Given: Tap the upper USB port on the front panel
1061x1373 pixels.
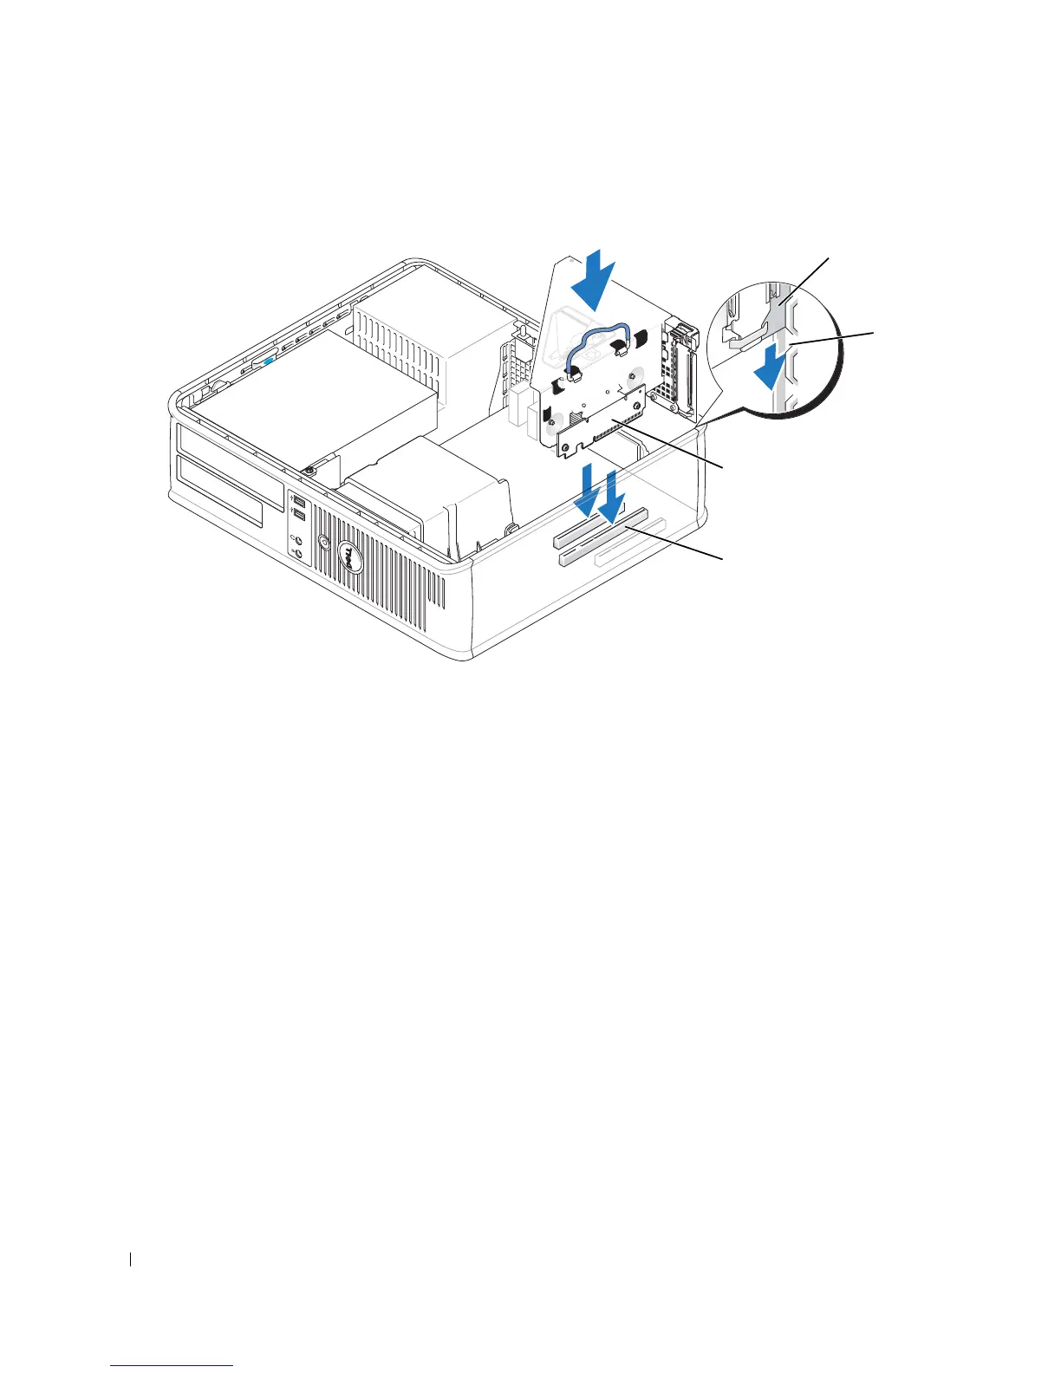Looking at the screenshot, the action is point(298,502).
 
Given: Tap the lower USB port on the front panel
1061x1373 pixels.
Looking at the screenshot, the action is point(298,517).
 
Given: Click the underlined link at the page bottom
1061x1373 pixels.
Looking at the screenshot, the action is point(172,1366).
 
